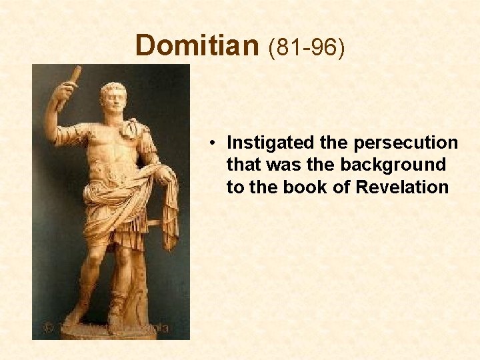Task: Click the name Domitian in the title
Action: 196,46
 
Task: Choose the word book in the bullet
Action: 305,187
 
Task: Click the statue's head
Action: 113,100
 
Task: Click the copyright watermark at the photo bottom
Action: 107,327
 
